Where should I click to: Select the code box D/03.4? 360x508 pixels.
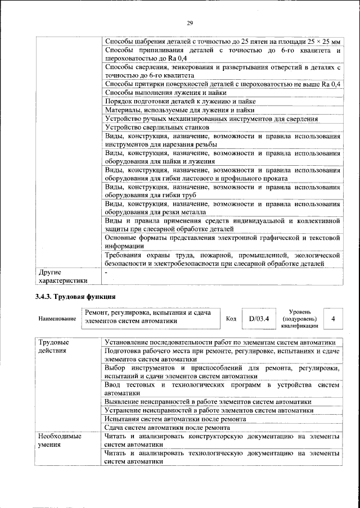coord(259,319)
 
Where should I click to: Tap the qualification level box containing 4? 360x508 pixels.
coord(334,319)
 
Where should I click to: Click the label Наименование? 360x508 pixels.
coord(57,319)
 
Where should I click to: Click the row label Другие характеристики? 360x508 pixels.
coord(62,276)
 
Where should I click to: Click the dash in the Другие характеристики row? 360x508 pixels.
coord(106,272)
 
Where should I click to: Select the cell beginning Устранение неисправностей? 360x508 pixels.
coord(209,410)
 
